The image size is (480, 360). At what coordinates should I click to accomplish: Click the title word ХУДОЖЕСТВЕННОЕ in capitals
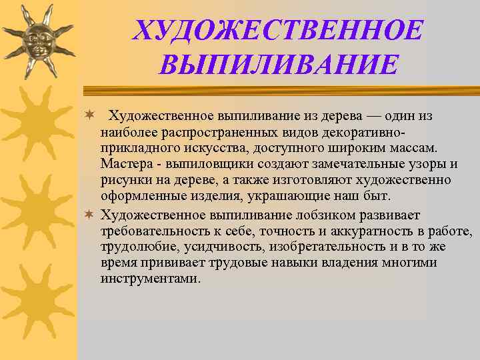[278, 30]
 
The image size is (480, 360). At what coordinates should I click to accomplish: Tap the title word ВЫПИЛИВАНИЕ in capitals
[279, 65]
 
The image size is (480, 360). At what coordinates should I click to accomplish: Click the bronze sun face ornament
[38, 40]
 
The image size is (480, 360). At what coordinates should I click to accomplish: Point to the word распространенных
[214, 132]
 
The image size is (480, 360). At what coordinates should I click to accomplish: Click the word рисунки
[125, 180]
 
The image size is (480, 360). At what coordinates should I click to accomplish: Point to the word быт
[383, 196]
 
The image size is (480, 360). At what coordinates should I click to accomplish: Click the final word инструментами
[149, 279]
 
